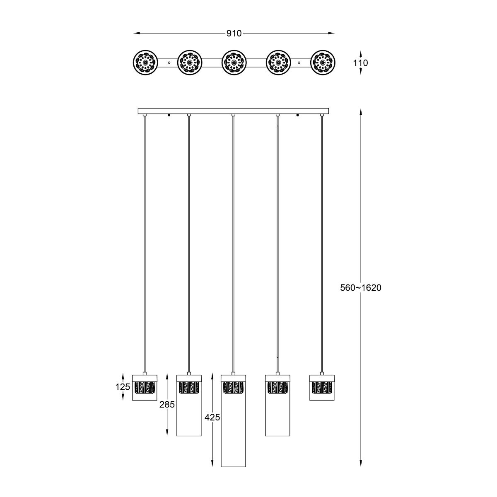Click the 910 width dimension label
(x=234, y=34)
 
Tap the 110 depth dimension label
(x=360, y=63)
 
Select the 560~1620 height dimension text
(x=361, y=287)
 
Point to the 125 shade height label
(x=123, y=387)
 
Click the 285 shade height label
(x=167, y=405)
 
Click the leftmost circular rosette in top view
(x=145, y=63)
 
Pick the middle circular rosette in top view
(x=234, y=63)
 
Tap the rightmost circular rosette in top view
(x=323, y=63)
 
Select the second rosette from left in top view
(x=190, y=63)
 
